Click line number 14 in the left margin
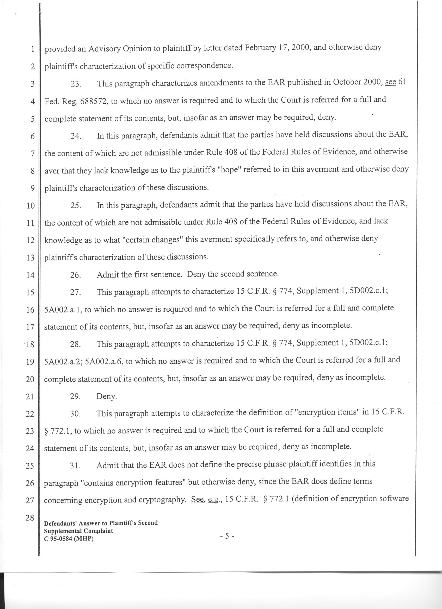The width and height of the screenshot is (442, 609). tap(31, 275)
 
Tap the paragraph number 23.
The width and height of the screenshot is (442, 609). tap(76, 84)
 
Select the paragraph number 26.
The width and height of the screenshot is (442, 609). tap(76, 275)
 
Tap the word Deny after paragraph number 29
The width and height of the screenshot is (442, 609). tap(107, 397)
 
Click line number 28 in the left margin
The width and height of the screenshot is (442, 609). tap(30, 518)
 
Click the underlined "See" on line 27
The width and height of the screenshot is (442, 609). tap(197, 499)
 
